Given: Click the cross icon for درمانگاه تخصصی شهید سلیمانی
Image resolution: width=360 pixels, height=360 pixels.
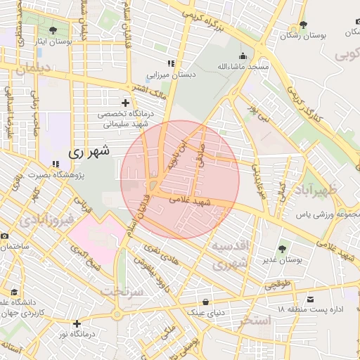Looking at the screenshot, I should pos(126,103).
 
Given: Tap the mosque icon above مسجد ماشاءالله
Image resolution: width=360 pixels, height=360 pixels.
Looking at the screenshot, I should pos(243,56).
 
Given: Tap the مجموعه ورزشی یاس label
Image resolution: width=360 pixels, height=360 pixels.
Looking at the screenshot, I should pos(323,213).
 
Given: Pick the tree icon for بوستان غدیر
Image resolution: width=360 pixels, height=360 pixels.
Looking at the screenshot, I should pos(282,248).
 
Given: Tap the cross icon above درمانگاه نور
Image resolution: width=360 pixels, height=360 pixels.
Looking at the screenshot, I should pos(77,323).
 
